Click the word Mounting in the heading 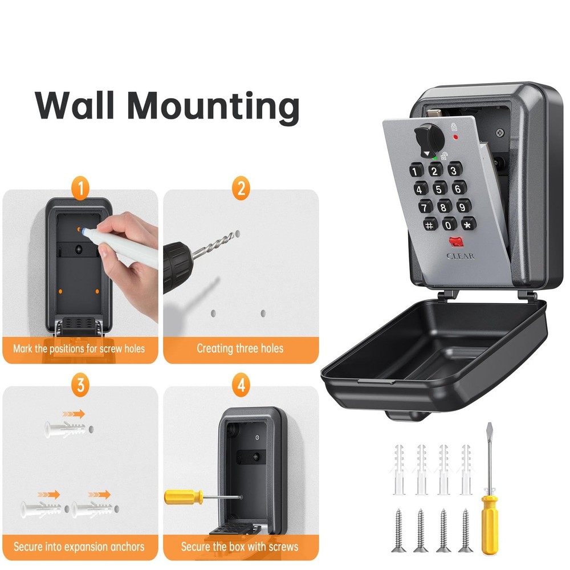(213, 108)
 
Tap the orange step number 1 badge (80, 188)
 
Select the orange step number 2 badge (241, 188)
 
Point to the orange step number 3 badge (80, 385)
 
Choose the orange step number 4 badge (241, 385)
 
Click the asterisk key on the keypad (468, 224)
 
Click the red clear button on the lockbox (456, 242)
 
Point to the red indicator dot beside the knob (455, 137)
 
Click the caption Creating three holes (240, 348)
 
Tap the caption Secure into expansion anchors (79, 547)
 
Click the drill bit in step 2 (214, 245)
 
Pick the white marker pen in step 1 (119, 243)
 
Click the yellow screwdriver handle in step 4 (184, 497)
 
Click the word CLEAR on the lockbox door (461, 256)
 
